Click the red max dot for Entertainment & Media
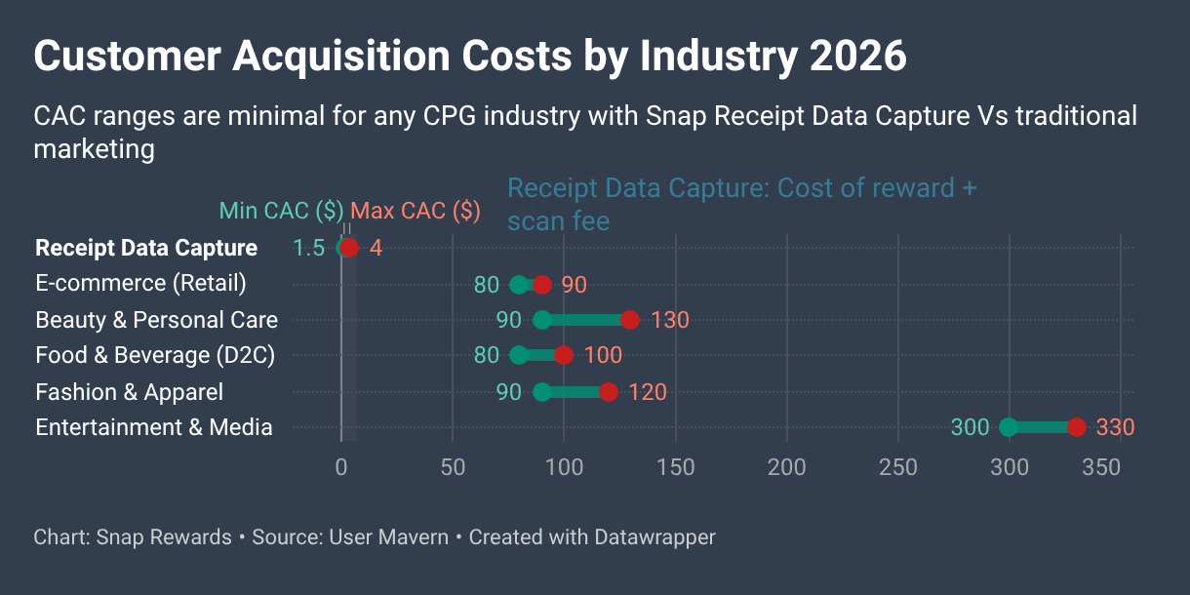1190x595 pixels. pos(1076,427)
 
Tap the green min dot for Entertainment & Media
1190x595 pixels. pos(1009,427)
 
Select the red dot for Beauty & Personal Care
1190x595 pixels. pos(630,320)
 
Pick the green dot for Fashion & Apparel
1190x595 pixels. pos(542,392)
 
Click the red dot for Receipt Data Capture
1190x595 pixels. pos(350,248)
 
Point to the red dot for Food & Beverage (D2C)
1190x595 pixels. pos(564,355)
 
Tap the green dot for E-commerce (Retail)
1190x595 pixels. pos(519,285)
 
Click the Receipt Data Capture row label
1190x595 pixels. pos(146,248)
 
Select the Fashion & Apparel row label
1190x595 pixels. pos(129,392)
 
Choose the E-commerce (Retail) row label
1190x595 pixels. pos(140,284)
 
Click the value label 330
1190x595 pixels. pos(1115,427)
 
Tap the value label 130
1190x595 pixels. pos(670,320)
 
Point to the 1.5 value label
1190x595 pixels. pos(308,248)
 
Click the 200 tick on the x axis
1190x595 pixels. pos(786,467)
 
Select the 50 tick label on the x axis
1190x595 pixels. pos(453,467)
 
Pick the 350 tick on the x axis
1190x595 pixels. pos(1101,467)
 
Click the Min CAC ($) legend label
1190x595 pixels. pos(281,211)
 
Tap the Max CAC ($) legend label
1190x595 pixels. pos(415,211)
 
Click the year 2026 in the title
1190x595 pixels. pos(858,57)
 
